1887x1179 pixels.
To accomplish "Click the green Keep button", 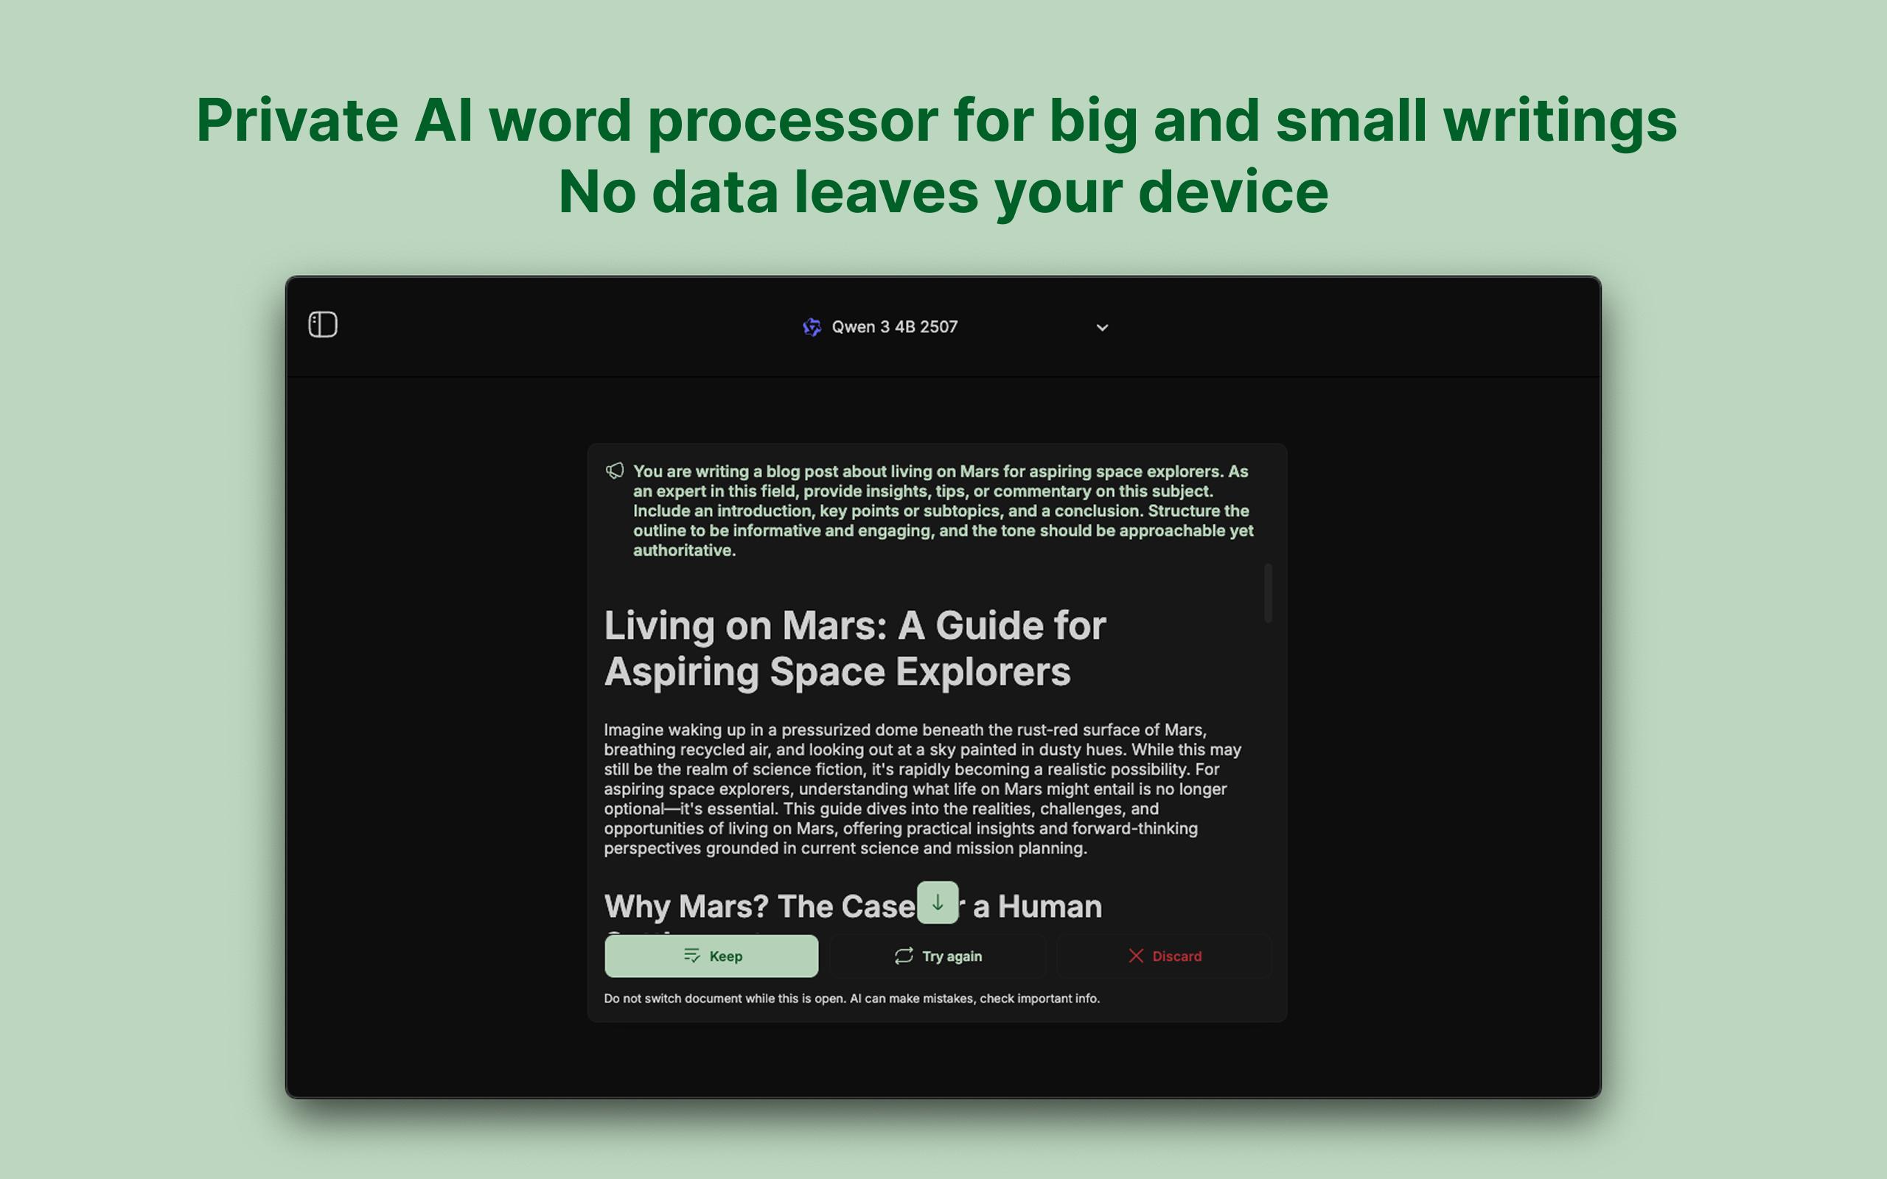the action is pos(711,956).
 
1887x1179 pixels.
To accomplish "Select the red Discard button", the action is pos(1164,956).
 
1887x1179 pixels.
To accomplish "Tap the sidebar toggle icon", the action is pos(323,324).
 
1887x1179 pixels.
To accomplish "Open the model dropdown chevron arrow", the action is pos(1102,327).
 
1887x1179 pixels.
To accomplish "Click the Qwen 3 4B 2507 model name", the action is pos(894,326).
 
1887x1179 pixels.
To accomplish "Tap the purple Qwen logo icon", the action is pos(812,327).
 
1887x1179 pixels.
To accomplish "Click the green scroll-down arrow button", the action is pos(938,903).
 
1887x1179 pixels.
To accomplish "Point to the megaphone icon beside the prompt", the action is pos(615,471).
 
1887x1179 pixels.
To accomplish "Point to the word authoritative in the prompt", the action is pos(684,550).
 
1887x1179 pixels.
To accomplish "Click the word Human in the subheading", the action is pos(1050,906).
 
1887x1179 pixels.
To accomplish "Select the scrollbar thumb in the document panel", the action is pos(1268,592).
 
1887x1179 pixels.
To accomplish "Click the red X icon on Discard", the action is pos(1136,956).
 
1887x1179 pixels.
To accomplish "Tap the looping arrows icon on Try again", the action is pos(904,956).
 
